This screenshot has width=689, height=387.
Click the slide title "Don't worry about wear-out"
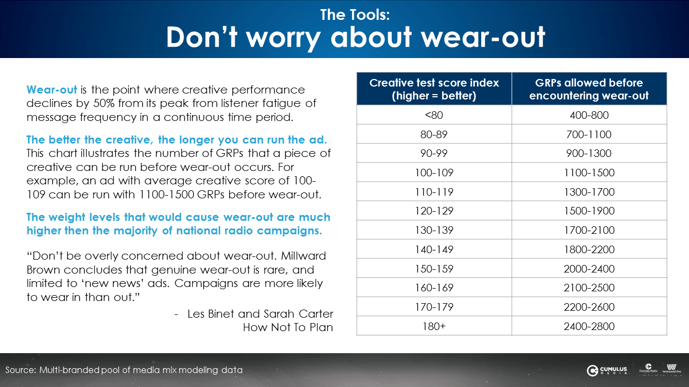pos(355,37)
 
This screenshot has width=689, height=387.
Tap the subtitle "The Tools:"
pos(355,15)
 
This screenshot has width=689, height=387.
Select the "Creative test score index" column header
pos(434,89)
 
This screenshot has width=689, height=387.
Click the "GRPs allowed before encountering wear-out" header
pos(589,89)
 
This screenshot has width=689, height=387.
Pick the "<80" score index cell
pos(434,115)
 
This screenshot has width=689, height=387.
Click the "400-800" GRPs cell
pos(589,115)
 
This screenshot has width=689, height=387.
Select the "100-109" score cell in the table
pos(434,173)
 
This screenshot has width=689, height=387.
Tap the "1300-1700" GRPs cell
pos(589,192)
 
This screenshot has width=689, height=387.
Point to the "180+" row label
pos(434,326)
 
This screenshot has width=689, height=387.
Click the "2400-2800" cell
pos(589,326)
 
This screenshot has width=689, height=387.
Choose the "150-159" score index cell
pos(434,269)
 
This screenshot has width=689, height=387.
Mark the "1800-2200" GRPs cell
pos(589,249)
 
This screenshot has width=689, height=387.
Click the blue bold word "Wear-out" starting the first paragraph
pos(52,89)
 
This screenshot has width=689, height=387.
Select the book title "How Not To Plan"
pos(288,327)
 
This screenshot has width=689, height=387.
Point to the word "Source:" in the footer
pos(20,370)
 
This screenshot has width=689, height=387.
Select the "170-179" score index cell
pos(434,307)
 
